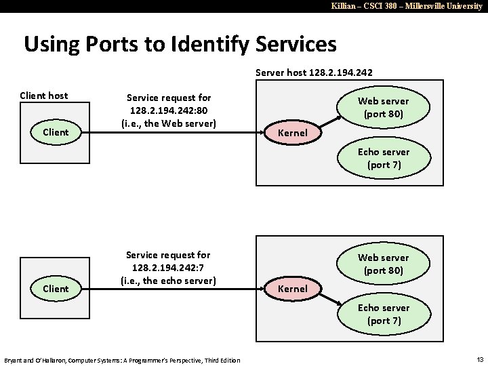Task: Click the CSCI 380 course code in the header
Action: coord(368,5)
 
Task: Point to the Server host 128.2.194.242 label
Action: coord(314,72)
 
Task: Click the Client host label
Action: coord(44,96)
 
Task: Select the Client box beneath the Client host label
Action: coord(55,131)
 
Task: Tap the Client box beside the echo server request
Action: coord(55,288)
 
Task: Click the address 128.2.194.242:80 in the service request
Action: coord(168,110)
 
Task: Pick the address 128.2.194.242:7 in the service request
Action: coord(168,267)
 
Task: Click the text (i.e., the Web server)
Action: coord(168,123)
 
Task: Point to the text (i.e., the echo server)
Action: coord(168,280)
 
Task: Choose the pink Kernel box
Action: coord(292,289)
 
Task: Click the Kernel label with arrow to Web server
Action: coord(292,132)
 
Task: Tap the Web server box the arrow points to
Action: coord(384,107)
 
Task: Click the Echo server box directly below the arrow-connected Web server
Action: coord(384,158)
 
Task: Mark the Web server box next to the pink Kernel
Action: coord(384,264)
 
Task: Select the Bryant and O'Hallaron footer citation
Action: coord(122,359)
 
